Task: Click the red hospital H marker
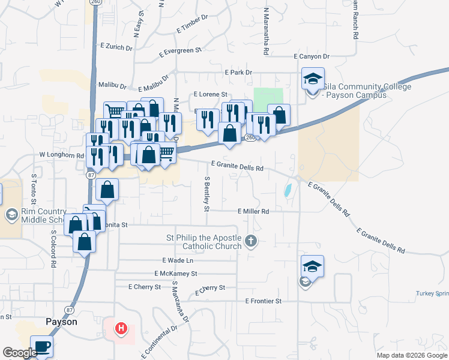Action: pos(121,328)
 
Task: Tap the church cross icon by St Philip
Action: pos(252,242)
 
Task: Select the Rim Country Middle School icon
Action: pos(11,214)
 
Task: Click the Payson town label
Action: pos(61,322)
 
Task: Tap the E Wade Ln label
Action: pos(178,260)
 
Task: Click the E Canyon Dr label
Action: pos(312,56)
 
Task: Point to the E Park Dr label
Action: pos(238,72)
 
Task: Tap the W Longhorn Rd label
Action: pos(61,155)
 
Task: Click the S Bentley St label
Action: pos(206,193)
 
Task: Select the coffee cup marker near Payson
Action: pos(41,346)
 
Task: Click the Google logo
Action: pos(20,353)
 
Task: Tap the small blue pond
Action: pos(288,191)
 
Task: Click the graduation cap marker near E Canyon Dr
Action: pos(312,79)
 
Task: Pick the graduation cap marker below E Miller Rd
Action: pos(312,266)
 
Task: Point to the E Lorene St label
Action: pos(210,95)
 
